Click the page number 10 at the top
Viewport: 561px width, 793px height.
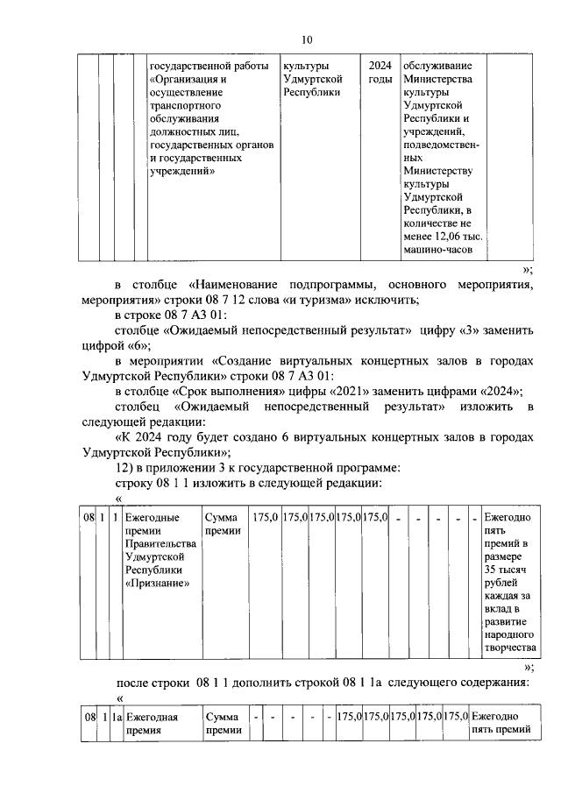[x=306, y=39]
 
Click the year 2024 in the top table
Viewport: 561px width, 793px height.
[x=380, y=66]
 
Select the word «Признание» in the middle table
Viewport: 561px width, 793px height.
[x=156, y=584]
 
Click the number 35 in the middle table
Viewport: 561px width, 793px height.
[x=491, y=570]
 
